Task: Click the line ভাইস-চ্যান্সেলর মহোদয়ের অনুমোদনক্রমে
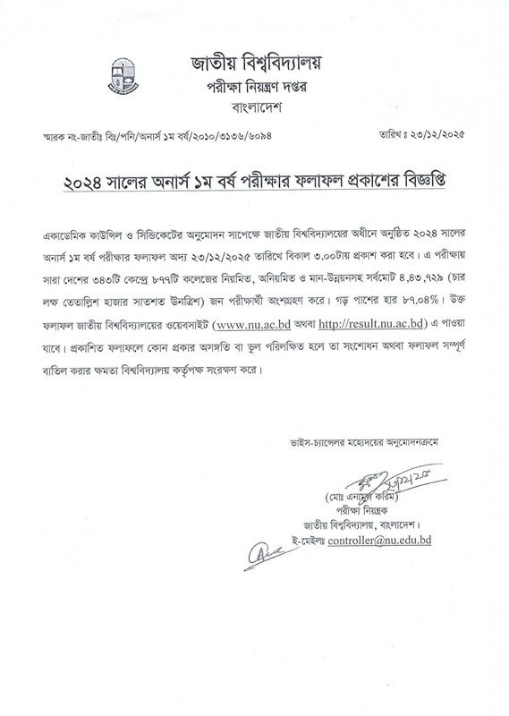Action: point(394,442)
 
